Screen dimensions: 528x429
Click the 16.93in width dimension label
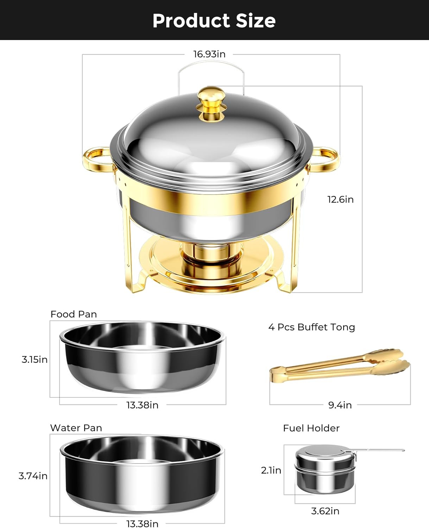pos(209,54)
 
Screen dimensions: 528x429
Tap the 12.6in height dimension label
pos(340,200)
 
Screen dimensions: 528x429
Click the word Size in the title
pos(255,21)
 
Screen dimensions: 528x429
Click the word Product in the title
pos(191,21)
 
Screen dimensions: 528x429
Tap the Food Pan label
pos(74,314)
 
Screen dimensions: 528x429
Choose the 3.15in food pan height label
pos(34,360)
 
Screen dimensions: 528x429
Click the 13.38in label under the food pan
pos(142,405)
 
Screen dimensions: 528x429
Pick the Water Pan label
pos(76,428)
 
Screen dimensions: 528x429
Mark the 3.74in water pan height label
pos(33,476)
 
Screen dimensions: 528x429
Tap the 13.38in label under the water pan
pos(142,524)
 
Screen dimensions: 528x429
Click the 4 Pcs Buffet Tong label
pos(311,327)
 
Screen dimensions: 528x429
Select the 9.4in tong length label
pos(340,405)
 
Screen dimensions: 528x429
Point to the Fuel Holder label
pos(311,428)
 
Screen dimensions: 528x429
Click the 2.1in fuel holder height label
pos(271,470)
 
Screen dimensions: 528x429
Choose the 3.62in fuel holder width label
pos(325,511)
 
